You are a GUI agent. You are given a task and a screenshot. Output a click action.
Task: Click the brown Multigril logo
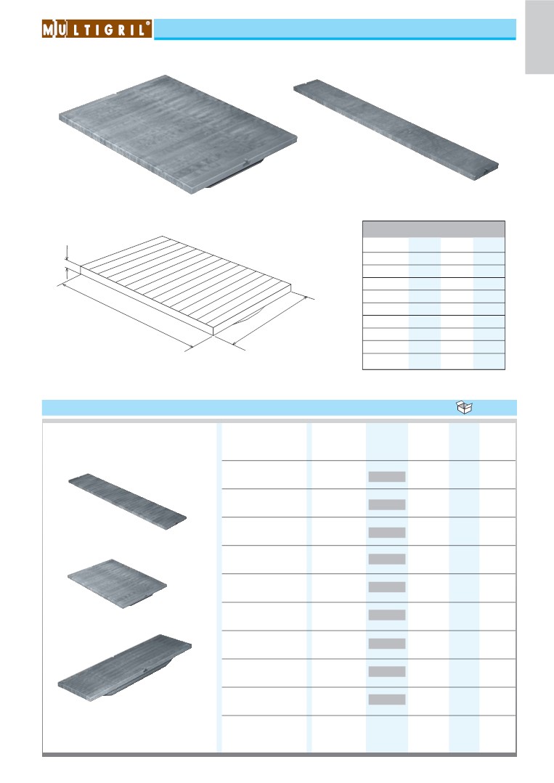coord(97,29)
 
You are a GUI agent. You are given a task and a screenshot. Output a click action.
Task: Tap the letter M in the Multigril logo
coord(48,30)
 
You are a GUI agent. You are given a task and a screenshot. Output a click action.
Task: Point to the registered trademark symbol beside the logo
coord(148,23)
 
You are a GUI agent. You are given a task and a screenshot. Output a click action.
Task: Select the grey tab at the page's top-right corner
coord(539,37)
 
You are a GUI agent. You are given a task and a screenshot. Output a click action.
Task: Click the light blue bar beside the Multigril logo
coord(335,29)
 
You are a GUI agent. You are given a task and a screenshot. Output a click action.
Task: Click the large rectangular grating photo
coord(178,134)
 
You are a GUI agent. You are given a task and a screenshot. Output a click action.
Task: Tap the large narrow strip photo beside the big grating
coord(396,129)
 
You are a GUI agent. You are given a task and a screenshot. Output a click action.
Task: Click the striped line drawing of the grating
coord(186,285)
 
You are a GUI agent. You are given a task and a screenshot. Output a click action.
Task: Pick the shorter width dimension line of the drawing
coord(270,321)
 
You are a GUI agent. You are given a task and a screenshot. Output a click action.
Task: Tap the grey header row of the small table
coord(433,229)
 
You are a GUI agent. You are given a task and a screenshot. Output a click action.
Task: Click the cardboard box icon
coord(465,408)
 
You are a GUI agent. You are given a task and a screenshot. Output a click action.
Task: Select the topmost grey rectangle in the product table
coord(387,477)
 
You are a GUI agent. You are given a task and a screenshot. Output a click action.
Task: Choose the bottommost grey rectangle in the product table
coord(387,700)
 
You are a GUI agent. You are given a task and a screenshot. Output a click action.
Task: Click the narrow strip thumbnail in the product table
coord(127,501)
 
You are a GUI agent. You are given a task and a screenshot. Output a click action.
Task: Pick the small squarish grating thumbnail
coord(118,583)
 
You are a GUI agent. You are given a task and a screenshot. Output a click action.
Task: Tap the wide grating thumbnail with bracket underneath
coord(124,668)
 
